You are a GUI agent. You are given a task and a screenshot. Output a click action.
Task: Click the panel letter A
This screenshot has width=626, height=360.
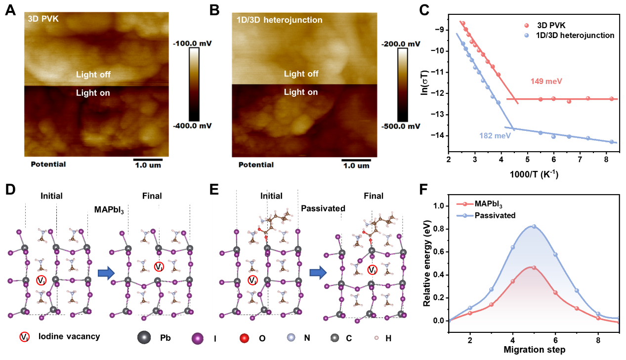(x=10, y=10)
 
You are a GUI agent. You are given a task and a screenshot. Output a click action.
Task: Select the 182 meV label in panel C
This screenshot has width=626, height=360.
(x=495, y=135)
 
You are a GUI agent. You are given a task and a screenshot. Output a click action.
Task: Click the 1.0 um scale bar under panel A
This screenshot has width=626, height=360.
(x=148, y=160)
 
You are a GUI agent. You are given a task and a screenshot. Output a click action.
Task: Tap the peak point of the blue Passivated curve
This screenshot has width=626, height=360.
(x=534, y=226)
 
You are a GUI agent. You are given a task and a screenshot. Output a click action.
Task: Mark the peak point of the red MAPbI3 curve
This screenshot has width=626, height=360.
(x=534, y=267)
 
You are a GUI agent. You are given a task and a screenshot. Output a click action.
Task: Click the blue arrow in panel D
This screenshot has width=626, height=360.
(x=106, y=273)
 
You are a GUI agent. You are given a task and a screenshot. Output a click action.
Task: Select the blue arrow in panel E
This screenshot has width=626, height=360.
(x=317, y=271)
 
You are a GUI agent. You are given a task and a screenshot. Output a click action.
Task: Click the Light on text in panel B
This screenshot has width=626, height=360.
(x=300, y=92)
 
